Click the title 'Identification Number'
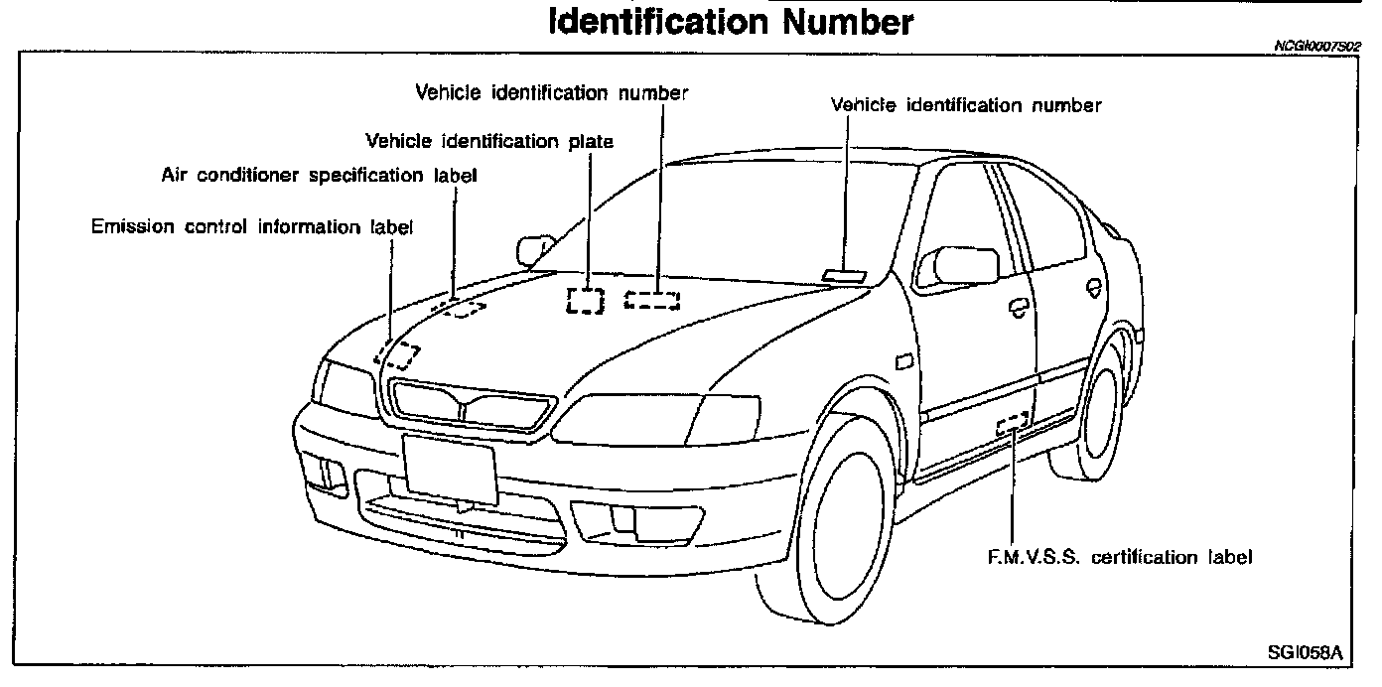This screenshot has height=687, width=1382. pyautogui.click(x=730, y=21)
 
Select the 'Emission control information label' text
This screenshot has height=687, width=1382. pyautogui.click(x=252, y=226)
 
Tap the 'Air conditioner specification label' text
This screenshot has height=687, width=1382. pyautogui.click(x=319, y=176)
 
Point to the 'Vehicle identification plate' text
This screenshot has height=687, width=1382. pyautogui.click(x=489, y=141)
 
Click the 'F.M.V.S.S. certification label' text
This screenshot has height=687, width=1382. pyautogui.click(x=1119, y=557)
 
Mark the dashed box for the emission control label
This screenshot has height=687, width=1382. pyautogui.click(x=397, y=352)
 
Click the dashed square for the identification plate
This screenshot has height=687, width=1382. pyautogui.click(x=585, y=300)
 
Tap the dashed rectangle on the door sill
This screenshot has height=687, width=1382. pyautogui.click(x=1012, y=425)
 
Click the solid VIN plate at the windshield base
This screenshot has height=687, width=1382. pyautogui.click(x=845, y=276)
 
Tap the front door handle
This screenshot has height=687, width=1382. pyautogui.click(x=1017, y=311)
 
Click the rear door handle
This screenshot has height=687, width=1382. pyautogui.click(x=1093, y=286)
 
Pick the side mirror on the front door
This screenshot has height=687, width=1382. pyautogui.click(x=958, y=266)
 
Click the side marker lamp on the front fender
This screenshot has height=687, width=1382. pyautogui.click(x=904, y=362)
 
